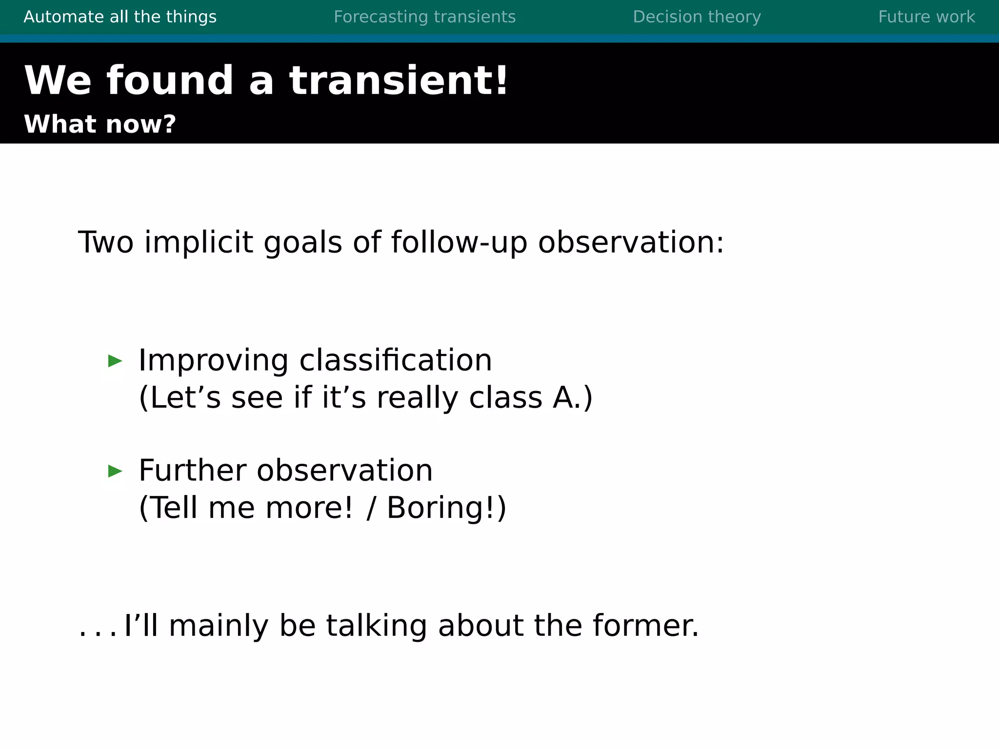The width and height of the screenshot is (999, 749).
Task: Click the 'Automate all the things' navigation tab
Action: pos(120,17)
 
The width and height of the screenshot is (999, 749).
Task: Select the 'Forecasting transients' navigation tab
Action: pos(424,17)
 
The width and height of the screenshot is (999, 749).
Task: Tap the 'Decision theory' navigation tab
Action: pos(697,17)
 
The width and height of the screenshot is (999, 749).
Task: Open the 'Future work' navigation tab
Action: pos(926,17)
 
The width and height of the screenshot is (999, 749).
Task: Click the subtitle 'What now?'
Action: pos(100,124)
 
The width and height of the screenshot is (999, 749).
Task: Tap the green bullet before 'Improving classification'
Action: pos(115,361)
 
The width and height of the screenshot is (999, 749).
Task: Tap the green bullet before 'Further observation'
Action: pos(115,472)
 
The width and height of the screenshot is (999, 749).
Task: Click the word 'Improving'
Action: pos(213,361)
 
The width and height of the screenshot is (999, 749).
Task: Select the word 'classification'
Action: pos(395,360)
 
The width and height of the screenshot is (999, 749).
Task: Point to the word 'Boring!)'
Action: pos(446,508)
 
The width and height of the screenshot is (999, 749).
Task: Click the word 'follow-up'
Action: pos(459,242)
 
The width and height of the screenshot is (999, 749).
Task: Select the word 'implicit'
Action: pos(199,242)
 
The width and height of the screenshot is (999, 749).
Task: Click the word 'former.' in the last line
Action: pos(645,626)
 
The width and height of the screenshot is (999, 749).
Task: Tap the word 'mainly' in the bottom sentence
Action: pos(218,627)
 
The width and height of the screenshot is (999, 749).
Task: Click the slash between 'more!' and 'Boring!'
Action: pos(371,508)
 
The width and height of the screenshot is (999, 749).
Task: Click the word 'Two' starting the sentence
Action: pos(105,242)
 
